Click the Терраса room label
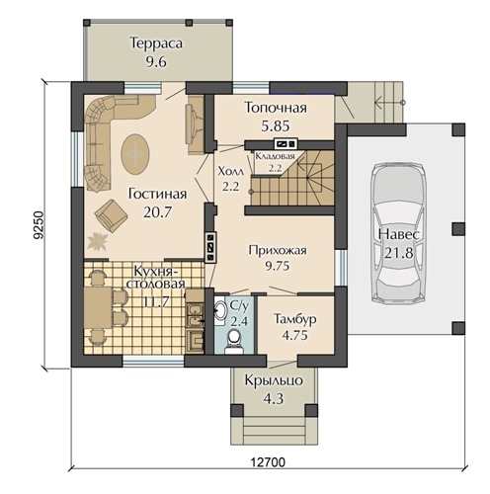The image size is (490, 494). [156, 43]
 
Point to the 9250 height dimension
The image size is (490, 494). [39, 224]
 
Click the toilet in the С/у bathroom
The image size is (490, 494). [234, 342]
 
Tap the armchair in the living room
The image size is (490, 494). [111, 215]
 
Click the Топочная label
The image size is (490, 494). [276, 108]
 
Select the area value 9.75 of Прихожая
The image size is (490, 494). [278, 266]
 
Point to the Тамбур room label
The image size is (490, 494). [295, 319]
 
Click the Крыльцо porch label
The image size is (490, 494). [274, 380]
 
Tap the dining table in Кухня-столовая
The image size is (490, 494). [98, 308]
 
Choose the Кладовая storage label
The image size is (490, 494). [275, 156]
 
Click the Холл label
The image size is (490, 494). [231, 171]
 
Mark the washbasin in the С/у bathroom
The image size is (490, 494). [220, 310]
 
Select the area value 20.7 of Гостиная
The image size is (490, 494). [157, 212]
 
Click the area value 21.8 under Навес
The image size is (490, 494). [398, 253]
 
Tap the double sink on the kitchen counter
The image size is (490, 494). [195, 315]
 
